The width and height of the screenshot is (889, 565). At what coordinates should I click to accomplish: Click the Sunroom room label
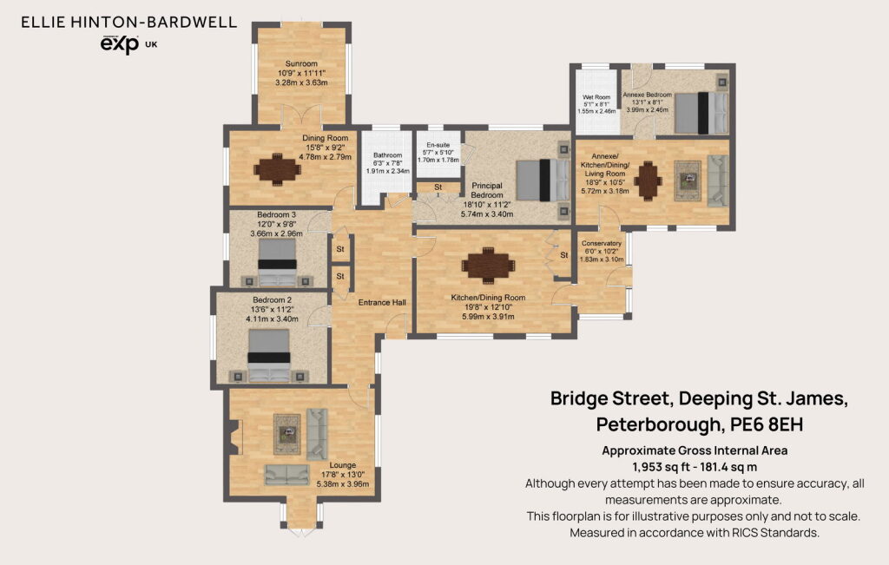[x=301, y=64]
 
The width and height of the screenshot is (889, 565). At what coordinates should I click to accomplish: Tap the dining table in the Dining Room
[x=277, y=169]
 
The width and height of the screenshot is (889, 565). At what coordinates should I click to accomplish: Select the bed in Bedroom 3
[x=277, y=262]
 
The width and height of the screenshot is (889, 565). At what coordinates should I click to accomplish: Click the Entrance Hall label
[x=382, y=303]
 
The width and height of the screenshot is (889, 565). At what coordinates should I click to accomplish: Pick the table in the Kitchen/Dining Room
[x=488, y=265]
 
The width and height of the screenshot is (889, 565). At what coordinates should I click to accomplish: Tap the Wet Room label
[x=596, y=97]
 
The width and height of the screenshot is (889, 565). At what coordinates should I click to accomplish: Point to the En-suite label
[x=438, y=145]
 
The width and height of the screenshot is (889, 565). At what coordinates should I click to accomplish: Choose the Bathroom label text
[x=388, y=155]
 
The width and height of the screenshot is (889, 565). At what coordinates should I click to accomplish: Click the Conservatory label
[x=602, y=243]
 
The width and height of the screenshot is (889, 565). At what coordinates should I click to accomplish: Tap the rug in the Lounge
[x=286, y=435]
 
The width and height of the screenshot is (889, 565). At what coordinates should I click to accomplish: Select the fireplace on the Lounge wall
[x=236, y=437]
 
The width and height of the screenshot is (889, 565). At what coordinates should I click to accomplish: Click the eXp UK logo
[x=128, y=44]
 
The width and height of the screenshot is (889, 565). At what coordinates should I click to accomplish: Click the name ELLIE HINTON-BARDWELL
[x=128, y=22]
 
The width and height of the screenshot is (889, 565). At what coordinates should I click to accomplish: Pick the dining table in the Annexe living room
[x=648, y=181]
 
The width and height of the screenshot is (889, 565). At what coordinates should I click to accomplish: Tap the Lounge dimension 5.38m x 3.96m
[x=342, y=484]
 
